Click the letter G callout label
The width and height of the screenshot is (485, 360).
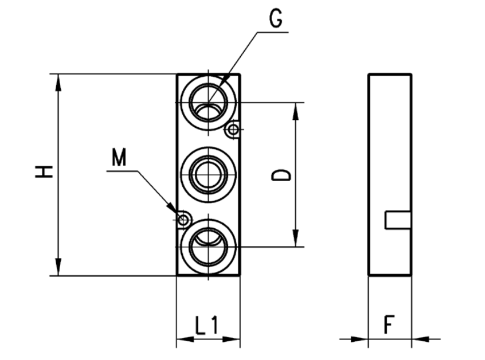(276, 20)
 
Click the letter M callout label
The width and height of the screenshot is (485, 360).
(119, 157)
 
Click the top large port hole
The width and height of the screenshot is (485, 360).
(208, 102)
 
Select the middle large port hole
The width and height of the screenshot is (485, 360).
(208, 174)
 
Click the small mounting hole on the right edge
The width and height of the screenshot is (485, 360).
(232, 131)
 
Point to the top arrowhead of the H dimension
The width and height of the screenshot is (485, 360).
(58, 81)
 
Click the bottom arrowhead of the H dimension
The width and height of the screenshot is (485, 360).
(58, 269)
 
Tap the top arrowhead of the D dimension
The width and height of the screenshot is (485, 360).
(295, 110)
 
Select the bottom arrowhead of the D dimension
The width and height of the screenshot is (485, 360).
(295, 240)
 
